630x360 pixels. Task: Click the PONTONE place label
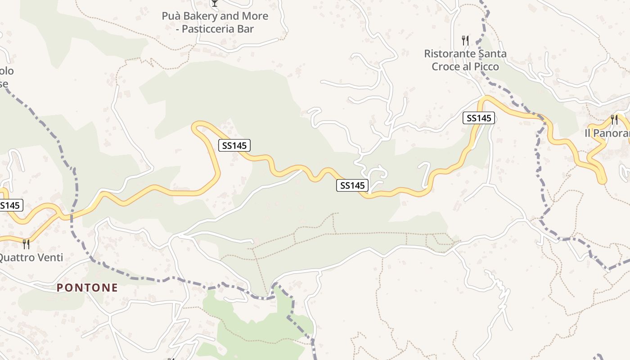tap(87, 288)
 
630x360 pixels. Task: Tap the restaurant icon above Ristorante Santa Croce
tap(465, 40)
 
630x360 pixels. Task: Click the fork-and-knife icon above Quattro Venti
tap(26, 244)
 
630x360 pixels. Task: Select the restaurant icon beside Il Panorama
tap(614, 119)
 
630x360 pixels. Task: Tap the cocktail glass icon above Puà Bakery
tap(215, 3)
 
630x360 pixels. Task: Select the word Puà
tap(171, 16)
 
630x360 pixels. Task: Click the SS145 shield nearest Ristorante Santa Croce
tap(478, 118)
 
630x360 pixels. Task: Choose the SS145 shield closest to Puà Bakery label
tap(234, 145)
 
